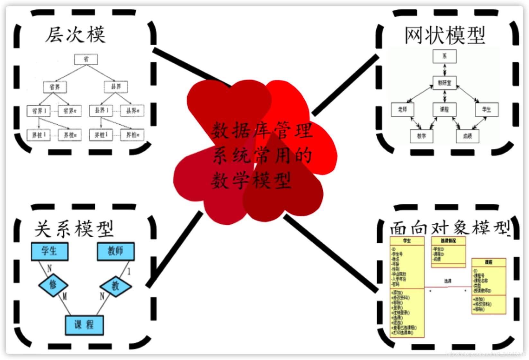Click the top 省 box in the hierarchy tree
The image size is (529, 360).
[86, 59]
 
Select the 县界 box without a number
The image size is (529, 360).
[116, 86]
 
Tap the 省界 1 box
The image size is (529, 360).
[39, 111]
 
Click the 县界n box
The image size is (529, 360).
[132, 111]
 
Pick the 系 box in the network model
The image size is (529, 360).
[444, 56]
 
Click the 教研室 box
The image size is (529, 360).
[444, 83]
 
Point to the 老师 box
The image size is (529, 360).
[402, 110]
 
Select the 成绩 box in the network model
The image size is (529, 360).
[468, 136]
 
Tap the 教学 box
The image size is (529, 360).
[421, 136]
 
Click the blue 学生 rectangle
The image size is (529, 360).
[49, 251]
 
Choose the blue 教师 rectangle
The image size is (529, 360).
[116, 251]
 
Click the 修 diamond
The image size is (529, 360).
[53, 285]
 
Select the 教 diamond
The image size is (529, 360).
[115, 285]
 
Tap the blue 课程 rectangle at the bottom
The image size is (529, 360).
[84, 325]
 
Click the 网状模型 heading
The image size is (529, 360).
[444, 35]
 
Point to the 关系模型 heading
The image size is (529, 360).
[74, 229]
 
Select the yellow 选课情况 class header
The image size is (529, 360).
[448, 241]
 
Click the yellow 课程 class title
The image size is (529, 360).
[489, 262]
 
